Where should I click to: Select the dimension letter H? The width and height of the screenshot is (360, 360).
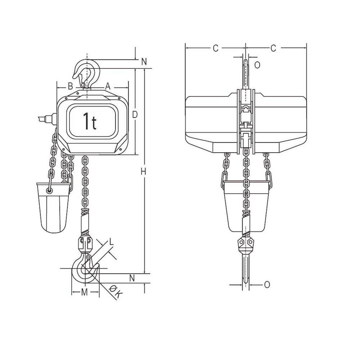143,172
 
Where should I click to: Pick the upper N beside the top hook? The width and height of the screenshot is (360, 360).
144,62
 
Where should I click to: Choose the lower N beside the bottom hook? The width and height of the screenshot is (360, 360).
132,278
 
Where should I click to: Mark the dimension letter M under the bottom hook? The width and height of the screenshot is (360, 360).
84,292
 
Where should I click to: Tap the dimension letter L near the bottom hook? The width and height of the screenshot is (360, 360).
112,243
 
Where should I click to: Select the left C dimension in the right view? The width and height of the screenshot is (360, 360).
215,48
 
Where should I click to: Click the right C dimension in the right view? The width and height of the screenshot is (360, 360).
273,48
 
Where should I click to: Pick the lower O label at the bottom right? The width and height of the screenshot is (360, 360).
266,285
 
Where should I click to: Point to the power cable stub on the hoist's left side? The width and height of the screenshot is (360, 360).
45,118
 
